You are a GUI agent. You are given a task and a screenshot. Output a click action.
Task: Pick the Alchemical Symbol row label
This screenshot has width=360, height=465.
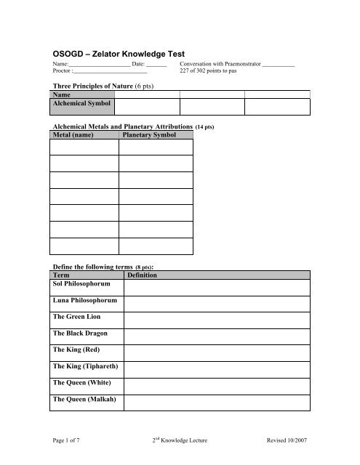point(81,104)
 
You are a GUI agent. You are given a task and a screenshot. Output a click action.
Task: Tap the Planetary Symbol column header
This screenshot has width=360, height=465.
point(149,134)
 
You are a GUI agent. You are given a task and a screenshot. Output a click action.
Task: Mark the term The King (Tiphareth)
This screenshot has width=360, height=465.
point(86,365)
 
